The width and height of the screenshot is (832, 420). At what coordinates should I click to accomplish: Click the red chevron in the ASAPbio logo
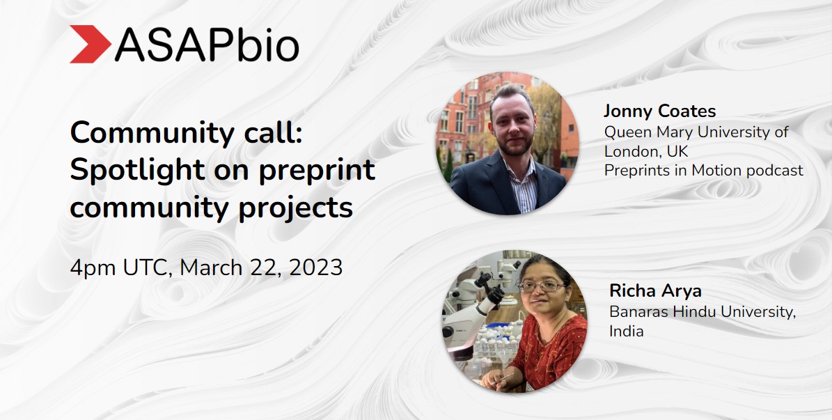pyautogui.click(x=89, y=44)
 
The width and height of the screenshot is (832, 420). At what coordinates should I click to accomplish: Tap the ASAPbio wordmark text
pyautogui.click(x=207, y=45)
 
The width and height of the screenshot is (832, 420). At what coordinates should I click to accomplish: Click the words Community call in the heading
pyautogui.click(x=186, y=132)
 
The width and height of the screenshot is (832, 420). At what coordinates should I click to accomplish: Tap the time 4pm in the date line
pyautogui.click(x=93, y=267)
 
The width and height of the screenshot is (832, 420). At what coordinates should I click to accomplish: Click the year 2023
pyautogui.click(x=312, y=267)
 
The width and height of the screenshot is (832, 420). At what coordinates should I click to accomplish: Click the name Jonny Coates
pyautogui.click(x=659, y=111)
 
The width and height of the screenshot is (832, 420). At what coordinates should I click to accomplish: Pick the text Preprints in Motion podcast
pyautogui.click(x=703, y=170)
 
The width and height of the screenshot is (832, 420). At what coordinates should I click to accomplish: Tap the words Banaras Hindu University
pyautogui.click(x=702, y=311)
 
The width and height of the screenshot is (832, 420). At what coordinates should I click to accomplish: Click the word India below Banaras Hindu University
pyautogui.click(x=627, y=331)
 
